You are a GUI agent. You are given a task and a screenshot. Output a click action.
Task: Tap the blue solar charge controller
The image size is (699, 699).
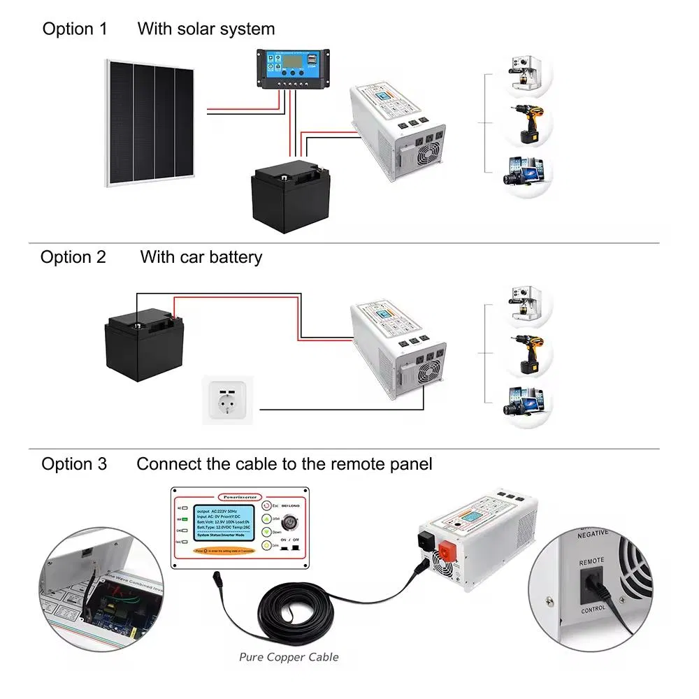292,69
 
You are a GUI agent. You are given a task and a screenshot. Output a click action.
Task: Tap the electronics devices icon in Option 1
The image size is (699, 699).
526,172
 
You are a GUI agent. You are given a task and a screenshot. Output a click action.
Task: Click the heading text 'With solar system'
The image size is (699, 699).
206,29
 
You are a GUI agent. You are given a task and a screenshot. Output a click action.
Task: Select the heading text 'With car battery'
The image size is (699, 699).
201,257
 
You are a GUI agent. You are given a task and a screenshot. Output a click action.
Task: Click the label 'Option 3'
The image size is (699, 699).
74,464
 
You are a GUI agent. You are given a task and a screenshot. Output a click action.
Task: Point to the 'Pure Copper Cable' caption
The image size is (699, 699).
289,656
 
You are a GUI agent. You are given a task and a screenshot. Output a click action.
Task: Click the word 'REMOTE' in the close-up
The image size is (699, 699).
591,560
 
